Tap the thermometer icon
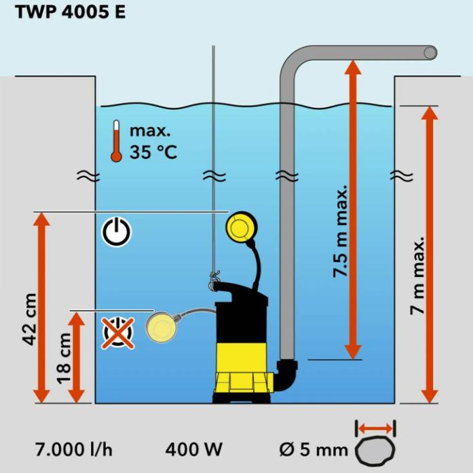click(116, 141)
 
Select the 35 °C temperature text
click(153, 151)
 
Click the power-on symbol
click(117, 231)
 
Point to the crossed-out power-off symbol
click(117, 333)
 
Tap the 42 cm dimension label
click(29, 319)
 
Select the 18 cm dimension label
click(64, 358)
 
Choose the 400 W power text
click(193, 449)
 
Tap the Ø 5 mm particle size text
click(314, 449)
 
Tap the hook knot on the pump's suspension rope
click(214, 276)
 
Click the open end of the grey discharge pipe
click(430, 53)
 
